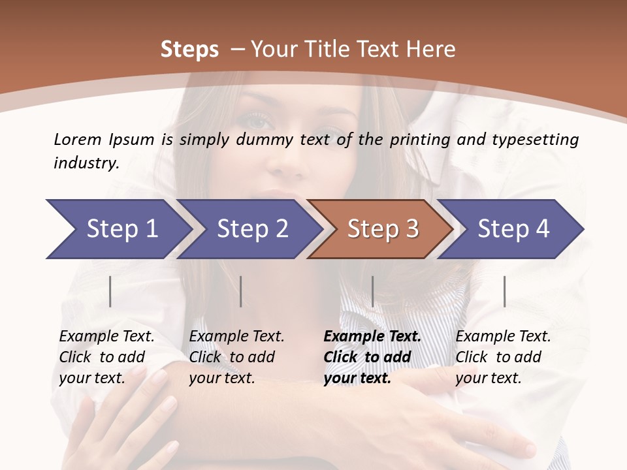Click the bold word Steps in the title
pyautogui.click(x=189, y=50)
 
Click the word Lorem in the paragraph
pyautogui.click(x=77, y=139)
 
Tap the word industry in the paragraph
pyautogui.click(x=86, y=163)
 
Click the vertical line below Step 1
pyautogui.click(x=110, y=291)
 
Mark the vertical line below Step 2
pyautogui.click(x=241, y=291)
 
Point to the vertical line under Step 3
pyautogui.click(x=372, y=291)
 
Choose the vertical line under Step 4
pyautogui.click(x=504, y=291)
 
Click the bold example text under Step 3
pyautogui.click(x=371, y=357)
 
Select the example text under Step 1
pyautogui.click(x=106, y=357)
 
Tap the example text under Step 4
pyautogui.click(x=502, y=357)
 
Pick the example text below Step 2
pyautogui.click(x=236, y=357)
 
